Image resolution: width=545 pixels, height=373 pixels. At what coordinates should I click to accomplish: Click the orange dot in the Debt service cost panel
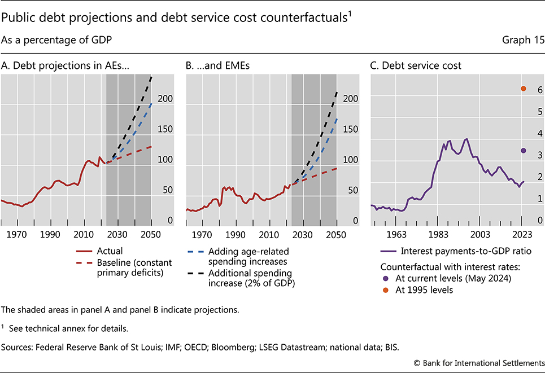pos(523,89)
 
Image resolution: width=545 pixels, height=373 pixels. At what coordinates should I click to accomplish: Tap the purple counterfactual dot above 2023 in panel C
pos(523,151)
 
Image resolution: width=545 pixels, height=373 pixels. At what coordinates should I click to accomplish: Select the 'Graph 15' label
pos(524,41)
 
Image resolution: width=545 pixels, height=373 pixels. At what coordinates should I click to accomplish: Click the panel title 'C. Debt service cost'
pos(416,65)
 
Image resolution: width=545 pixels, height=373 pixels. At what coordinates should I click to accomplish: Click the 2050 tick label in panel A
pos(151,234)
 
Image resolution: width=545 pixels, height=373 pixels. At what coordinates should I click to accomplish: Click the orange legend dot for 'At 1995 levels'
pos(385,289)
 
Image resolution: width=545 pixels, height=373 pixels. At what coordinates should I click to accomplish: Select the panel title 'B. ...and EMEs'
pos(218,65)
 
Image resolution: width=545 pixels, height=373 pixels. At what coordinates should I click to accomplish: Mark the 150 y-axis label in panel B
pos(351,129)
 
